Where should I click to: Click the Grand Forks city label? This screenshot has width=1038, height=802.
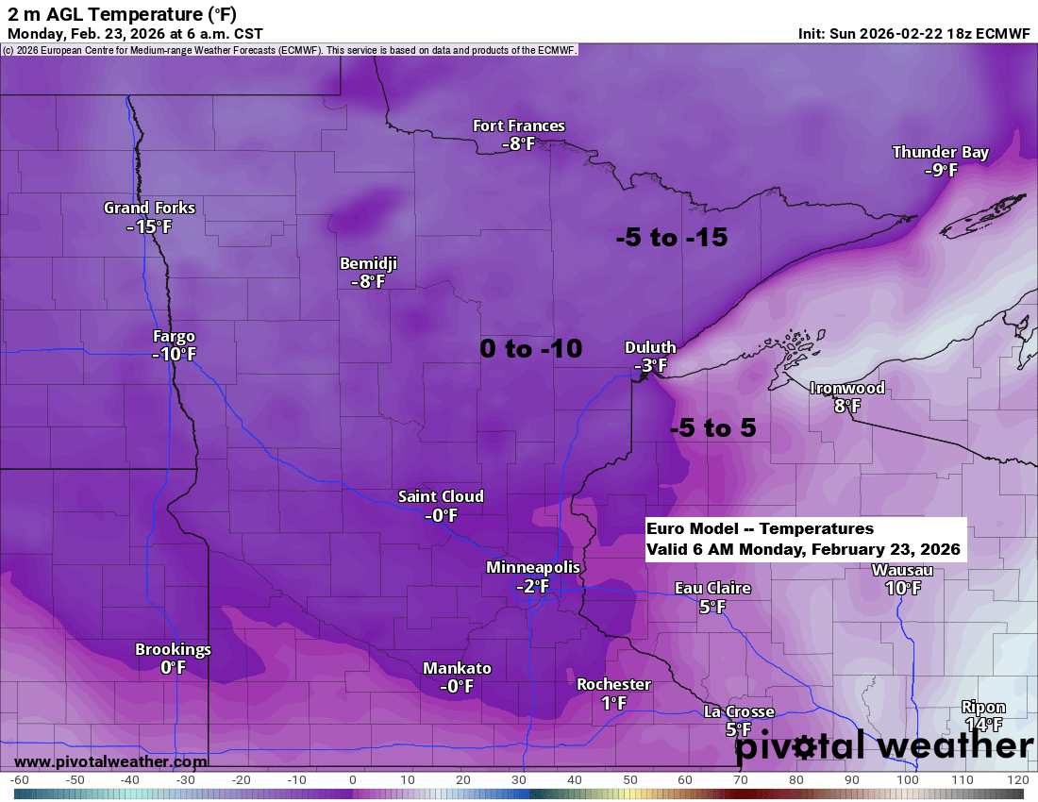[149, 208]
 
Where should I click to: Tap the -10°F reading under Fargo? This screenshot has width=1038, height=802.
[174, 355]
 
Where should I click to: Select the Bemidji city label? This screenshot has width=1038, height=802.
[368, 263]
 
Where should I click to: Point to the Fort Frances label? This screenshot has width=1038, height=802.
[519, 125]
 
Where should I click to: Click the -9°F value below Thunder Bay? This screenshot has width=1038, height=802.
[940, 171]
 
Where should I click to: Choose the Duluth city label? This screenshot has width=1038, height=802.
[650, 347]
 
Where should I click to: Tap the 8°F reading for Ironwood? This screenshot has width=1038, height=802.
[847, 407]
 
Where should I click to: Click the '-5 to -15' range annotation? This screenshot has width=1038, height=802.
[671, 238]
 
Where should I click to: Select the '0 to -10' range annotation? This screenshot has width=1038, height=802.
[530, 348]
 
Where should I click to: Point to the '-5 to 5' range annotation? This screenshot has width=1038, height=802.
[712, 428]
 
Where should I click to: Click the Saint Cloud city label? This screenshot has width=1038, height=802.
[441, 496]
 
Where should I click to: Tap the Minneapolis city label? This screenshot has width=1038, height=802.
[533, 567]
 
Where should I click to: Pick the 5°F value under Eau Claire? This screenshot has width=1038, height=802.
[712, 607]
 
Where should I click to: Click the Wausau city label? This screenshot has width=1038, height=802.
[902, 570]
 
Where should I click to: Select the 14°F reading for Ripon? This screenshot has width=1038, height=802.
[983, 725]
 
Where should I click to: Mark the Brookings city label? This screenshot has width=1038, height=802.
[173, 649]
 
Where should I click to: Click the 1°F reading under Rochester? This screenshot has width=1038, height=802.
[613, 703]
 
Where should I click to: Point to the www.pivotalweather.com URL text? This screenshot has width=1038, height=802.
[110, 761]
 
